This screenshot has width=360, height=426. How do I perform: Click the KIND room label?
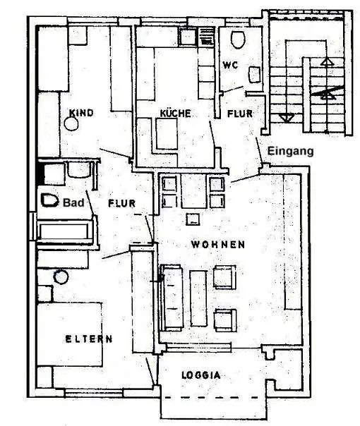pyautogui.click(x=81, y=113)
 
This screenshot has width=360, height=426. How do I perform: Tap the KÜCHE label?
pyautogui.click(x=175, y=114)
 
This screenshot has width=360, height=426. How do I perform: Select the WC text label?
pyautogui.click(x=230, y=65)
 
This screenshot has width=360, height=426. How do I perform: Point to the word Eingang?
pyautogui.click(x=290, y=151)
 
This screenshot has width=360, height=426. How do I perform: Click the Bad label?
pyautogui.click(x=73, y=202)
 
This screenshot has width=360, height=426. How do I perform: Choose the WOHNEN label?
pyautogui.click(x=218, y=245)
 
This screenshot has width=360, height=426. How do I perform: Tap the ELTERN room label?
pyautogui.click(x=89, y=339)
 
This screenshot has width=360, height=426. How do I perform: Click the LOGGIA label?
pyautogui.click(x=201, y=375)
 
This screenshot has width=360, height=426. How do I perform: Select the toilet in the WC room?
pyautogui.click(x=238, y=39)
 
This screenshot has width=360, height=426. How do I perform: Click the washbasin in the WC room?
pyautogui.click(x=255, y=75)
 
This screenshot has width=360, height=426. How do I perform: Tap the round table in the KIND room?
pyautogui.click(x=71, y=124)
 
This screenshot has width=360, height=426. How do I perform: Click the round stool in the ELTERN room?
pyautogui.click(x=61, y=277)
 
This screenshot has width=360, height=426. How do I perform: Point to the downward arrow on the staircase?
pyautogui.click(x=287, y=118)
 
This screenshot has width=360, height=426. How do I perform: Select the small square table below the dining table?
pyautogui.click(x=193, y=219)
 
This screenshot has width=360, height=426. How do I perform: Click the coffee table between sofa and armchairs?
pyautogui.click(x=198, y=298)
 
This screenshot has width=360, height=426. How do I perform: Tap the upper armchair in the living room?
pyautogui.click(x=224, y=277)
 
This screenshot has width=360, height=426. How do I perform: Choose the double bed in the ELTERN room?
pyautogui.click(x=70, y=334)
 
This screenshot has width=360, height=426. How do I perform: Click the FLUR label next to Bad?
pyautogui.click(x=122, y=203)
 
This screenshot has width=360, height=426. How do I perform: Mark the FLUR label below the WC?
pyautogui.click(x=240, y=114)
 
